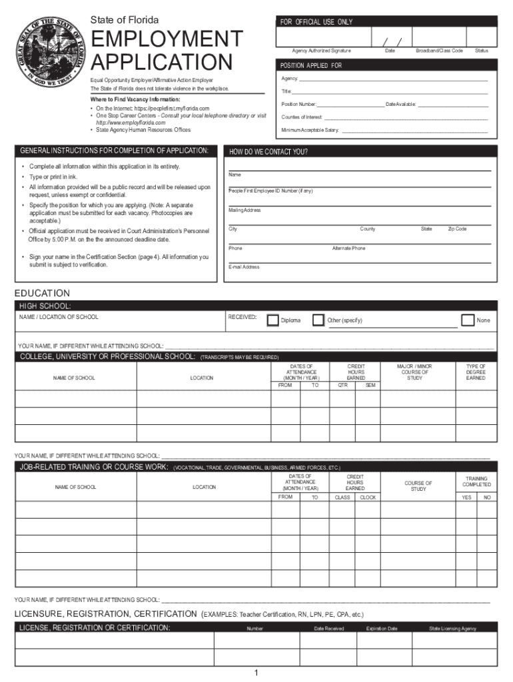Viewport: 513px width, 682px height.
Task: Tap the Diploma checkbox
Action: (x=273, y=320)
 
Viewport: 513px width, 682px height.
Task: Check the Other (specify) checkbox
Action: (x=318, y=320)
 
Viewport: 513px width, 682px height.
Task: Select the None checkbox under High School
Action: (x=468, y=320)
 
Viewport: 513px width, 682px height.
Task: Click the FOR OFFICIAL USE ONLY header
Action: (x=316, y=22)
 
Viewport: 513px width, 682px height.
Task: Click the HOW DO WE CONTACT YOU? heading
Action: (x=268, y=152)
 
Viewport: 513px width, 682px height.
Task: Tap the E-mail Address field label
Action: (x=244, y=267)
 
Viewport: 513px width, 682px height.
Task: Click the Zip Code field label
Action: (x=457, y=229)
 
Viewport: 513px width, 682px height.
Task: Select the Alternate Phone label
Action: (x=348, y=248)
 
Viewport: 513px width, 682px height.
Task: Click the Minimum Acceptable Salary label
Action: (x=310, y=130)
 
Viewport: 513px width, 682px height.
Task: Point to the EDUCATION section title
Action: (x=42, y=293)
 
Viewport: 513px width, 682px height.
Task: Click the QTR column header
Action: (x=342, y=385)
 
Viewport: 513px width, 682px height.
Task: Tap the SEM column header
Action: (x=370, y=385)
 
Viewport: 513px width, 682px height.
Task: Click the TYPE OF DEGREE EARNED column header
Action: (x=476, y=372)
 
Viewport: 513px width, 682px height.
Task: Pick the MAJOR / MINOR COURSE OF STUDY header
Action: (x=414, y=372)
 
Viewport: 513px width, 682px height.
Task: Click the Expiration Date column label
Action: (x=382, y=629)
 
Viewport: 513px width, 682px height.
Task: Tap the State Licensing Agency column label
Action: (x=453, y=629)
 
